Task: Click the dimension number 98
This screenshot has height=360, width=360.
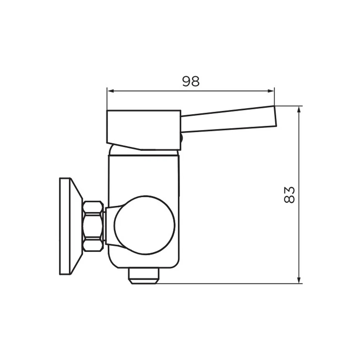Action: coord(191,81)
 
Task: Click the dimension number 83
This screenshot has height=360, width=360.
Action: coord(289,195)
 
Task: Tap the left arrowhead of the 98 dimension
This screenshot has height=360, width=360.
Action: coord(111,91)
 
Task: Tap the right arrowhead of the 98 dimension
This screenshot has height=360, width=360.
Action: coord(271,91)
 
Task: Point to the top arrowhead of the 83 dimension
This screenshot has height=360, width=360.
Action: coord(299,110)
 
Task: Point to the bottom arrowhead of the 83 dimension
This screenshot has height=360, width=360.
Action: coord(299,280)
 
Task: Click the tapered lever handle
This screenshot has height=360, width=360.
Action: coord(229,120)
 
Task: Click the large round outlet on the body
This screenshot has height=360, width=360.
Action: coord(145,225)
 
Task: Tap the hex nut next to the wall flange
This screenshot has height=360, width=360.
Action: coord(93,226)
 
